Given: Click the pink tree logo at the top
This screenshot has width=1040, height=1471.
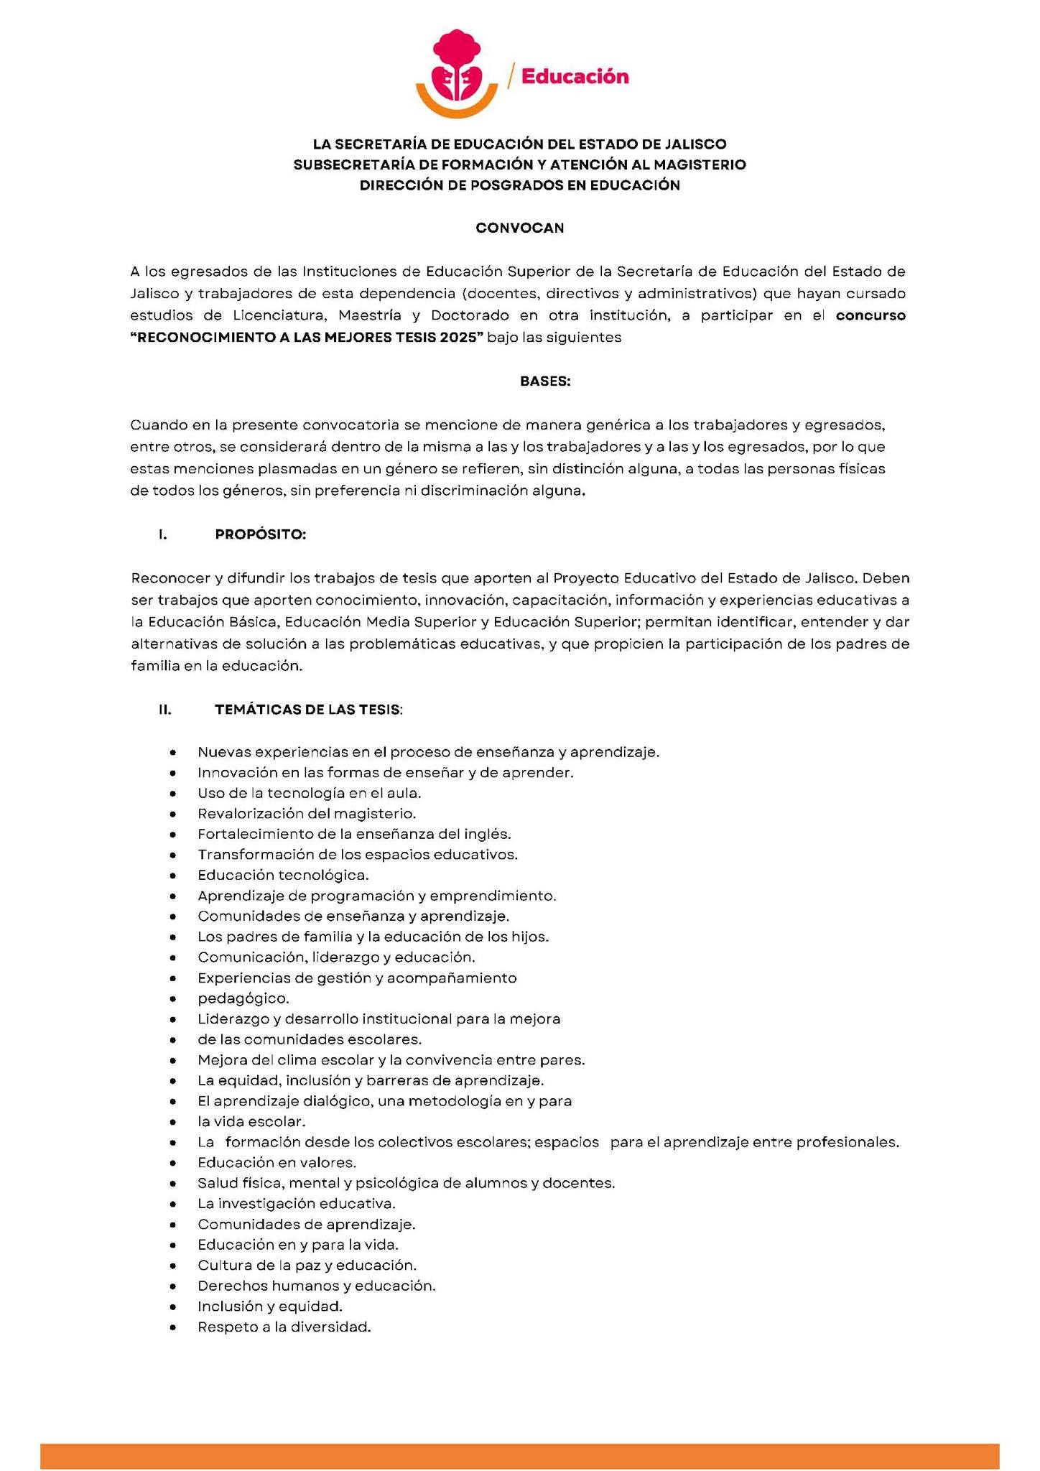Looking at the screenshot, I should pyautogui.click(x=457, y=70).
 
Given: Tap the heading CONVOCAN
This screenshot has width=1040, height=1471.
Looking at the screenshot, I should pyautogui.click(x=520, y=228).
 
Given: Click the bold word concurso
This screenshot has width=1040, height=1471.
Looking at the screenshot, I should pyautogui.click(x=870, y=315).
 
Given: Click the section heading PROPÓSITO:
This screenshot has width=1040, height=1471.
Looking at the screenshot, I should pyautogui.click(x=261, y=534).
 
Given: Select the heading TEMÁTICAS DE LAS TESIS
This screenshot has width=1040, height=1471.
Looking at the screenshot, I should pyautogui.click(x=307, y=710).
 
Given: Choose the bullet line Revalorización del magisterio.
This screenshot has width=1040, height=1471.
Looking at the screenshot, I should pyautogui.click(x=307, y=814).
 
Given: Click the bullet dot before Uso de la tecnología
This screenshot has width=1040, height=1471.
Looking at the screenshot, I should pyautogui.click(x=173, y=794).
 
